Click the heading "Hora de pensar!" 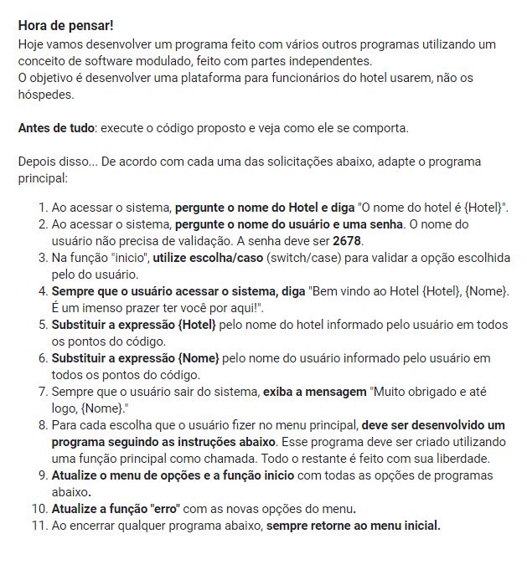click(x=65, y=25)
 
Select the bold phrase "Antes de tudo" click(x=56, y=128)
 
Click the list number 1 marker click(x=42, y=207)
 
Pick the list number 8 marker click(x=42, y=425)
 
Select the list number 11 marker click(x=39, y=526)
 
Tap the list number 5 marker click(x=42, y=325)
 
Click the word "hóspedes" click(x=47, y=95)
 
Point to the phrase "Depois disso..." click(x=57, y=162)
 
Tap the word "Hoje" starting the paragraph click(x=32, y=44)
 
